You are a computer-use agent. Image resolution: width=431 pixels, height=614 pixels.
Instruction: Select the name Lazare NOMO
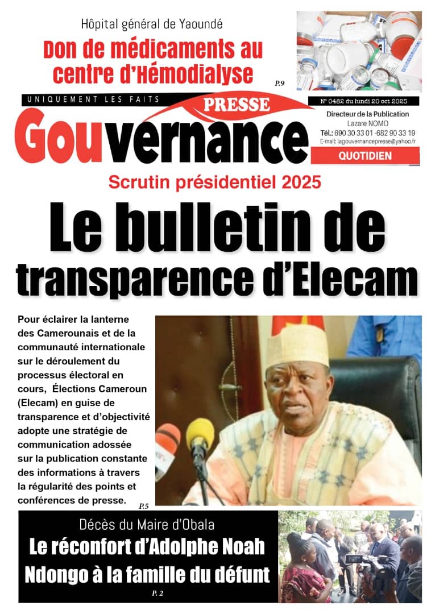364,123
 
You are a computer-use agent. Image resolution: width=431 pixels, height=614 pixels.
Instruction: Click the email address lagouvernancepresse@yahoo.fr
367,142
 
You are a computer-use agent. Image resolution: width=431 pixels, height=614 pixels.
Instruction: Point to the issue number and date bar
362,101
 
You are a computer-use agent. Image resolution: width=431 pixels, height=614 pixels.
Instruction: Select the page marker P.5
144,505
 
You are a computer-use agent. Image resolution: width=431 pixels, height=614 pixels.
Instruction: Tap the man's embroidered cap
296,345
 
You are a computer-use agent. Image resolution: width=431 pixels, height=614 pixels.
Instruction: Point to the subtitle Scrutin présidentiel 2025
215,183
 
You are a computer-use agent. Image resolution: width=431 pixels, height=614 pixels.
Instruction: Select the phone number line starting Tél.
367,133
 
